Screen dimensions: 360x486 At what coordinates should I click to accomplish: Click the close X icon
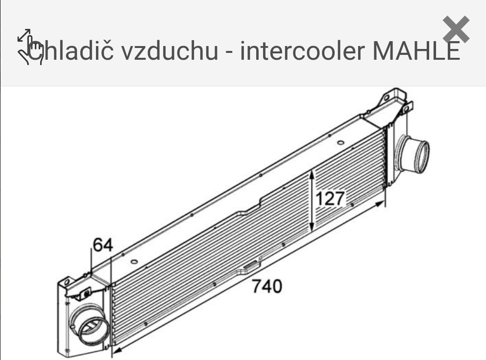[456, 29]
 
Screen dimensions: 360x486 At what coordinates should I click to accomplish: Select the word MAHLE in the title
[416, 51]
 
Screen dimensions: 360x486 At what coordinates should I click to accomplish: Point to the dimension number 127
[330, 198]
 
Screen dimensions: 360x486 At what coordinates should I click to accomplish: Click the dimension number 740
[267, 286]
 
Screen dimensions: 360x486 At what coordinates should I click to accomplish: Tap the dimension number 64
[102, 245]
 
